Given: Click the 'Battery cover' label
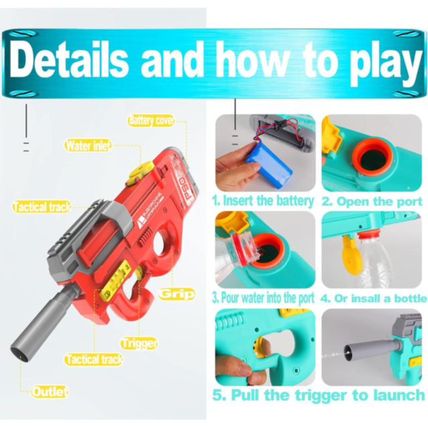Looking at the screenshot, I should (152, 120).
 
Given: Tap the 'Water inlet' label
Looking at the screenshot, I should (88, 145).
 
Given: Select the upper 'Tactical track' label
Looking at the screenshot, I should (41, 207).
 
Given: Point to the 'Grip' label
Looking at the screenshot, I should (177, 293).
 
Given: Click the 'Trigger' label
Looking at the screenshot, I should (139, 343).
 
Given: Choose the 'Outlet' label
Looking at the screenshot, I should (49, 392).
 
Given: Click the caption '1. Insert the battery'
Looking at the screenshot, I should (263, 200).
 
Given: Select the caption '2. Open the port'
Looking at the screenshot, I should (371, 201).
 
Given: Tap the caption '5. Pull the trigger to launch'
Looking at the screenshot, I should (318, 395).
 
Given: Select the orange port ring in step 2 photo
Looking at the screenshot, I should (371, 158).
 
